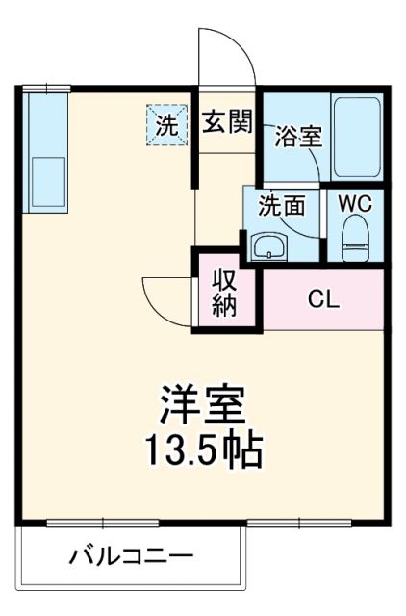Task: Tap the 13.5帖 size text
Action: tap(203, 448)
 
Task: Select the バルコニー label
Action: tap(131, 556)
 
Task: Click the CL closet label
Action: tap(322, 298)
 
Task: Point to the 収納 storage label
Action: tap(224, 294)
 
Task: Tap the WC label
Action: tap(356, 203)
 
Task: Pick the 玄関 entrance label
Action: tap(227, 122)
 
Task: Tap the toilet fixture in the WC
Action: tap(356, 237)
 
